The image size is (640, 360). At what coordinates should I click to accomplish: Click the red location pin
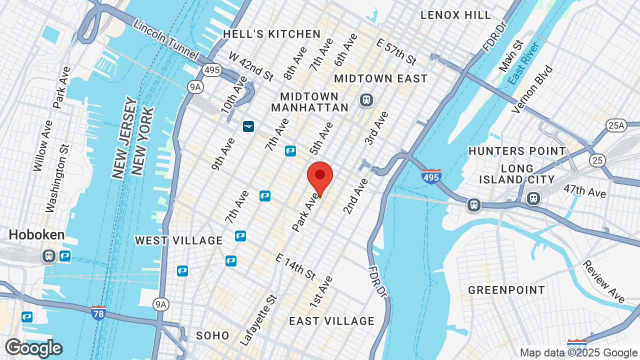coord(320,176)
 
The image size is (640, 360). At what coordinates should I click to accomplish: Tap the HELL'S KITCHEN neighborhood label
coord(271,34)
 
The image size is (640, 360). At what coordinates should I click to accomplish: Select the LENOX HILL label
coord(455,15)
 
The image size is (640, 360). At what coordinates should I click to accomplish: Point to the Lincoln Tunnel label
coord(166,39)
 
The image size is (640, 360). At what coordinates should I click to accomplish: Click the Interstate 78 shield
coord(98,312)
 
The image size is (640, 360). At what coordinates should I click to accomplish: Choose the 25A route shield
coord(616,125)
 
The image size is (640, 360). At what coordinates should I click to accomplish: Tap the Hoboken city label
coord(36,235)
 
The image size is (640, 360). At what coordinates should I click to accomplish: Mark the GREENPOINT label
coord(506,290)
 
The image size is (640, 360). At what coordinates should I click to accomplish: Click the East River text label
coord(523,63)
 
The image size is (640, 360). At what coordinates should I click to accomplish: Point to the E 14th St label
coord(295,266)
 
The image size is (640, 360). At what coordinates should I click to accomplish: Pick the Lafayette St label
coord(258,320)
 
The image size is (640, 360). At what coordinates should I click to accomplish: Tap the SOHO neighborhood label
coord(212,335)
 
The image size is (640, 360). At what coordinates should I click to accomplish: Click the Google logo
coord(33,348)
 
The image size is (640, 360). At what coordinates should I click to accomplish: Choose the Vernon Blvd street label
coord(533,89)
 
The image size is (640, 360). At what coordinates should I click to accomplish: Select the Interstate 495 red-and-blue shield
coord(431,176)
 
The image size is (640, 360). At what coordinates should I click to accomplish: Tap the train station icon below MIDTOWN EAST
coord(366,100)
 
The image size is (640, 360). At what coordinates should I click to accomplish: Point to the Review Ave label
coord(604,281)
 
